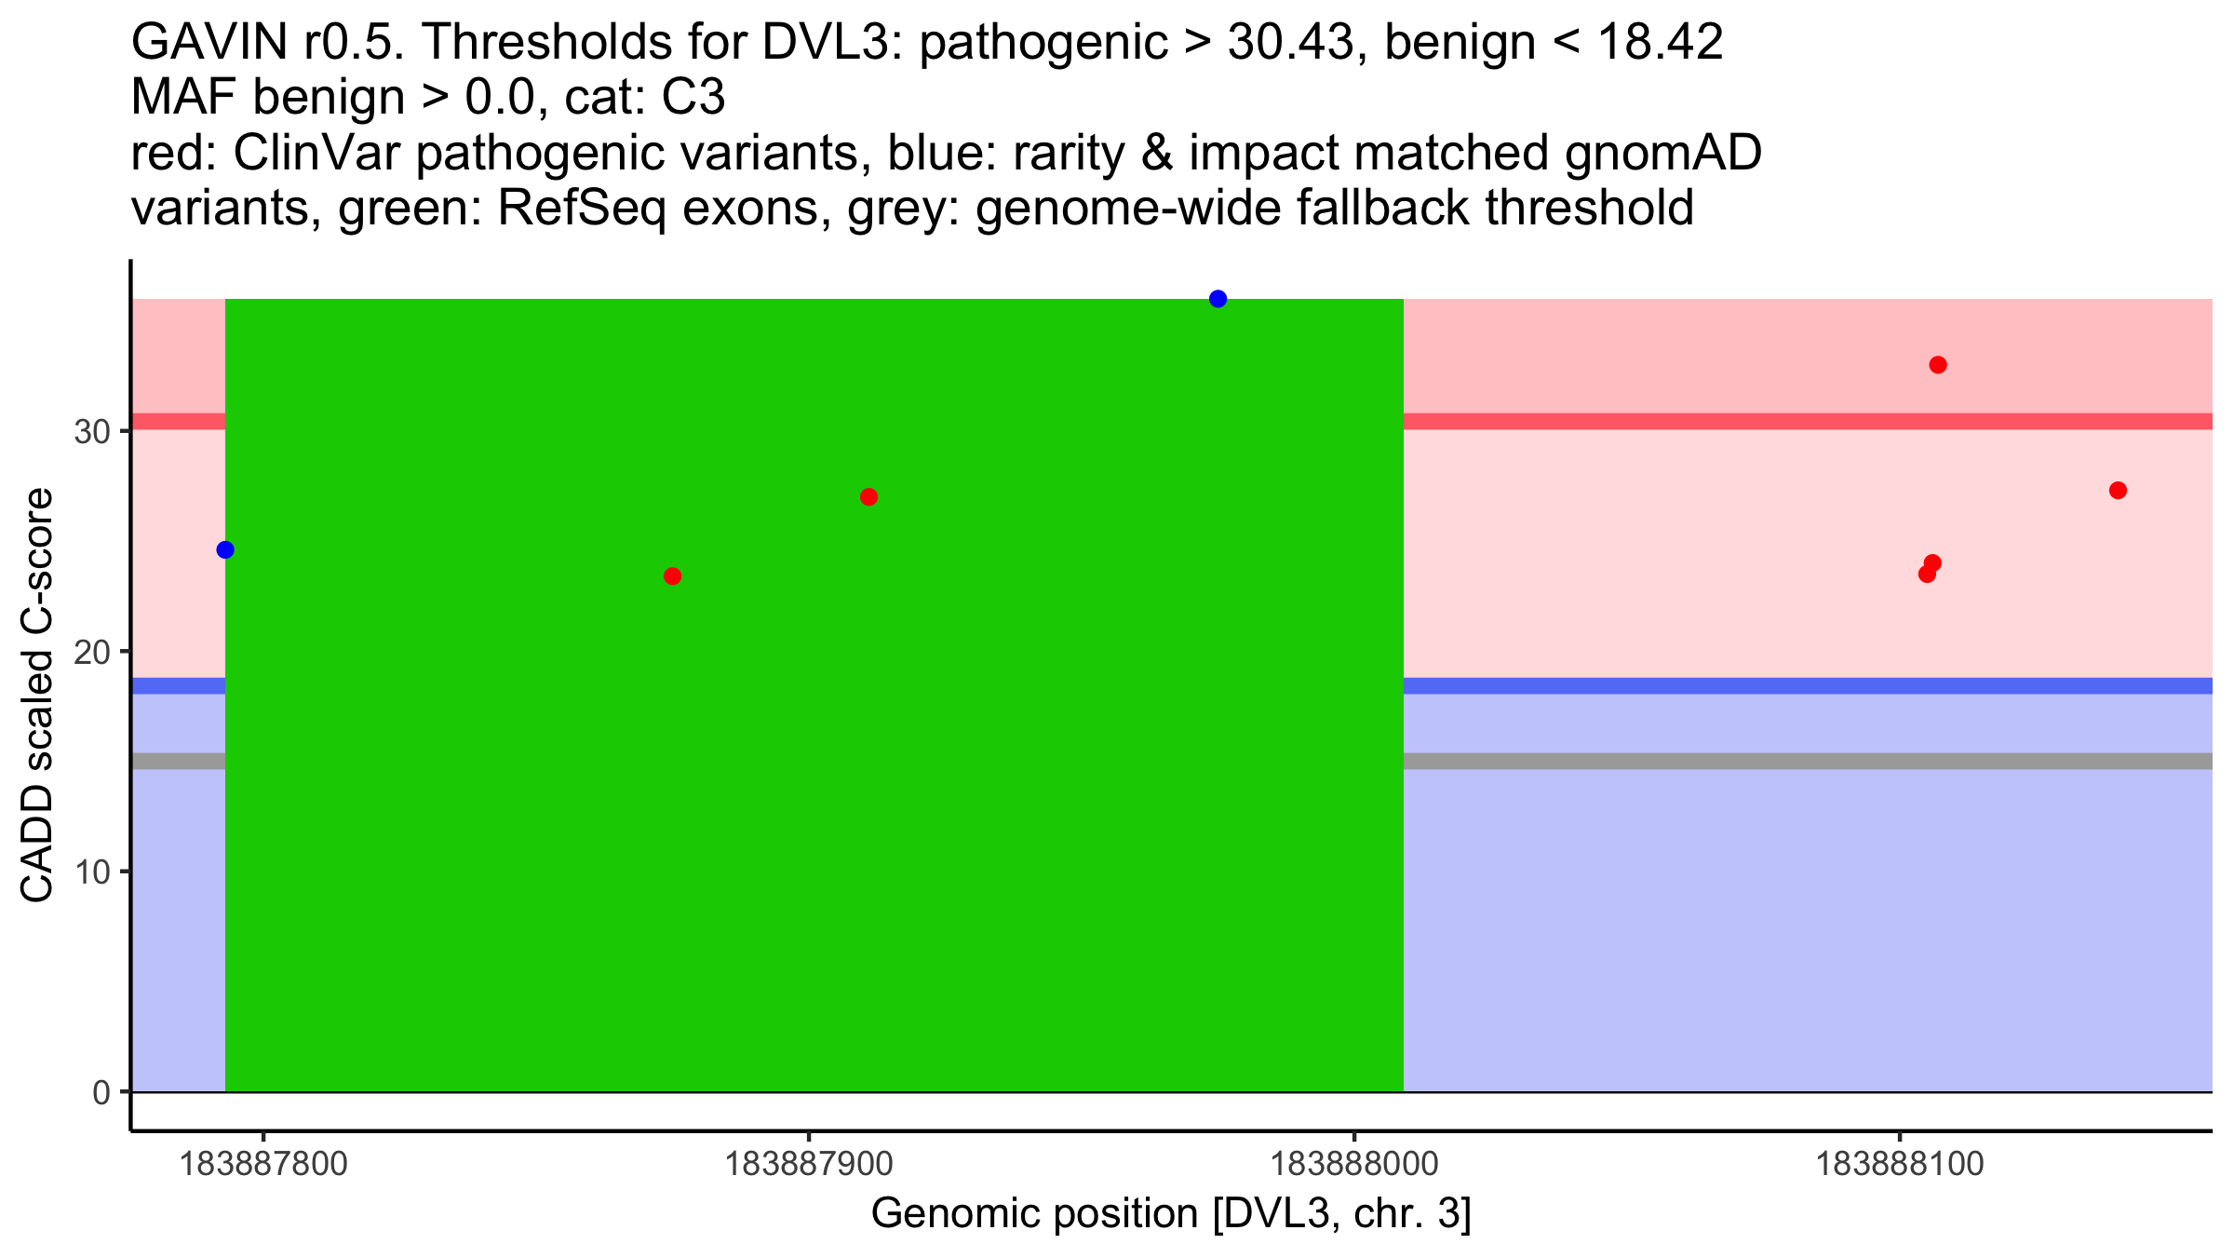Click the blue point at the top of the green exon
(1218, 299)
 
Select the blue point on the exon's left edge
(225, 550)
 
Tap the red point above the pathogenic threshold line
(1938, 365)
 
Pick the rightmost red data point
(2118, 491)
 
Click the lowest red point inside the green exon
(672, 576)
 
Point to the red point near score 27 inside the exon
(868, 497)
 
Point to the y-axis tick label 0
(101, 1093)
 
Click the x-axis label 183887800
(263, 1164)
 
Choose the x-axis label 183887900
(809, 1164)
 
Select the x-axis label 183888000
(1354, 1164)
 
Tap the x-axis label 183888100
(1900, 1164)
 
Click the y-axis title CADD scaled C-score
(37, 696)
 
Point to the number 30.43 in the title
(1290, 42)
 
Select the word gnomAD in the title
(1662, 153)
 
